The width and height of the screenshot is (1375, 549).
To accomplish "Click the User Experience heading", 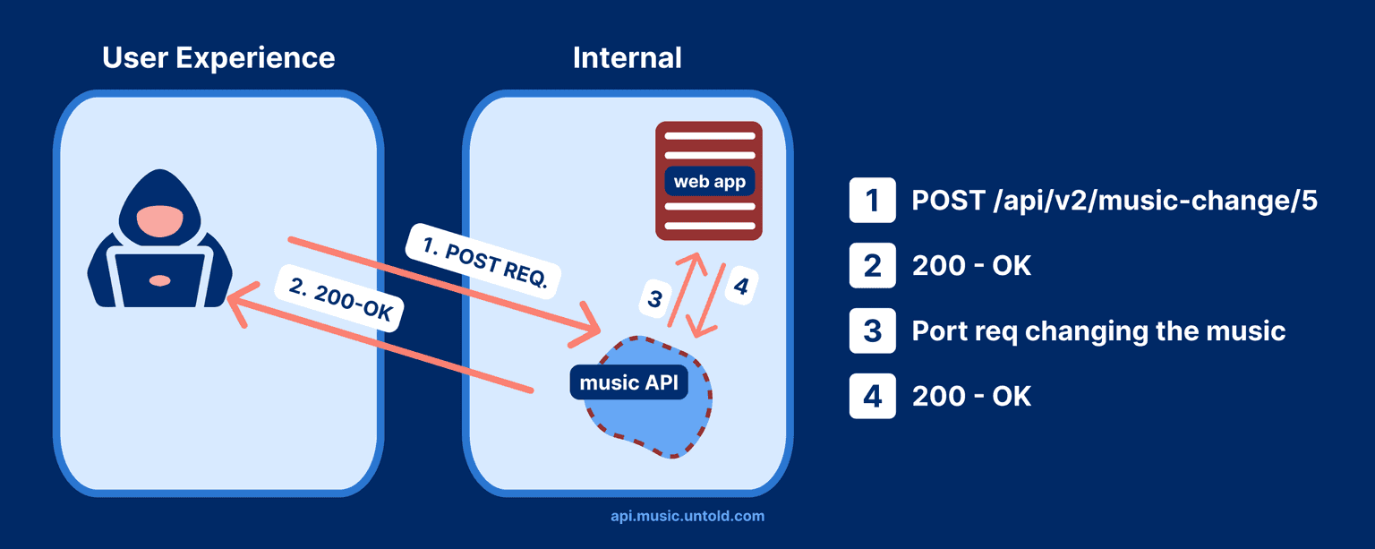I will click(218, 58).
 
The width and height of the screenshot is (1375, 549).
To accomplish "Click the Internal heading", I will click(627, 58).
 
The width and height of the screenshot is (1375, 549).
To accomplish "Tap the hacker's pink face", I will click(159, 219).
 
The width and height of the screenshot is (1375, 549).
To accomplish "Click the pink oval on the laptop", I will click(159, 280).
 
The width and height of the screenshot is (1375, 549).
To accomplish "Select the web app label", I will click(709, 182).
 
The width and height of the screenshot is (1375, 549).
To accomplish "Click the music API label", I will click(628, 383).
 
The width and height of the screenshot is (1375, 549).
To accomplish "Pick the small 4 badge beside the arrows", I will click(740, 287).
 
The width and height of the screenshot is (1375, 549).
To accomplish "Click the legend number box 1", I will click(872, 201).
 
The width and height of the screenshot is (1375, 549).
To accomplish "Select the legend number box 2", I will click(872, 265).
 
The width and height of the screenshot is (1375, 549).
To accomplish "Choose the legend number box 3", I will click(872, 330).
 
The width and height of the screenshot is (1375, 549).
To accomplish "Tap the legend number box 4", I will click(872, 396).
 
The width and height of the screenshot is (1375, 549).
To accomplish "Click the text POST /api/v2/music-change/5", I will click(1114, 201).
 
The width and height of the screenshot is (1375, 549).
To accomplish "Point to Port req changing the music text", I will click(1097, 330).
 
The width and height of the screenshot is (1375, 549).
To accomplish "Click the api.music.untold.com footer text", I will click(687, 516).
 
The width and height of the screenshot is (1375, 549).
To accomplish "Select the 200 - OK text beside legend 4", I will click(971, 396).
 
